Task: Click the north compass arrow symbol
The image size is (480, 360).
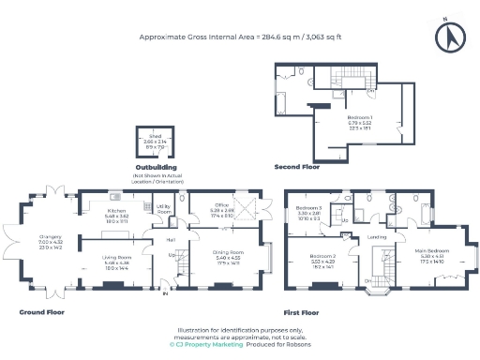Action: (451, 37)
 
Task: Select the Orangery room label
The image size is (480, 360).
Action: (49, 235)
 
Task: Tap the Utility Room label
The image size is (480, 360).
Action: (162, 208)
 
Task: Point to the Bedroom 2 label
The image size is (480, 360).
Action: (322, 258)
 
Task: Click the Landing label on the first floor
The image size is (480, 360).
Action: (377, 236)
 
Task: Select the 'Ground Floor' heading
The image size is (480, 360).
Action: (39, 311)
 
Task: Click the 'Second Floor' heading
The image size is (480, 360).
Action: (296, 167)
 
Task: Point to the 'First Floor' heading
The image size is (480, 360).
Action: (301, 311)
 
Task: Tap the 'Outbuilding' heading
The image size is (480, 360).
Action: (158, 168)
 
